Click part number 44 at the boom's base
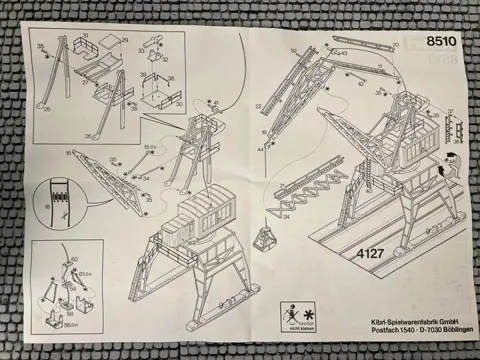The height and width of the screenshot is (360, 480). coord(262,147)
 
